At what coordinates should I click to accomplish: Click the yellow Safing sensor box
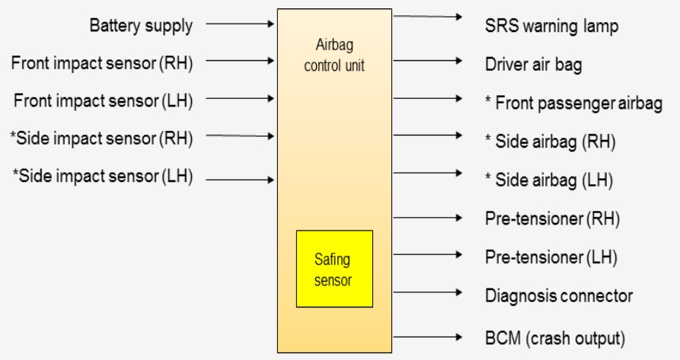coord(334,269)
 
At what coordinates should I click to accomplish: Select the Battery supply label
coord(141,26)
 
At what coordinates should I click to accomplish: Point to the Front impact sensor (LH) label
coord(102,100)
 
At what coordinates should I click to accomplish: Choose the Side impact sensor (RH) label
coord(102,139)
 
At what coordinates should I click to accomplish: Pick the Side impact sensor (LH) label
coord(102,177)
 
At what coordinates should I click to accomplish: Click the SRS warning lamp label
coord(551,26)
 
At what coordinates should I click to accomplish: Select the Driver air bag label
coord(533,65)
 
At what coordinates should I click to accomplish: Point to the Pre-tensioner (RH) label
coord(552,219)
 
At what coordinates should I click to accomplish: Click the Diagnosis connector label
coord(559,295)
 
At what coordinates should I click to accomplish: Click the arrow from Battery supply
coord(240,24)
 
